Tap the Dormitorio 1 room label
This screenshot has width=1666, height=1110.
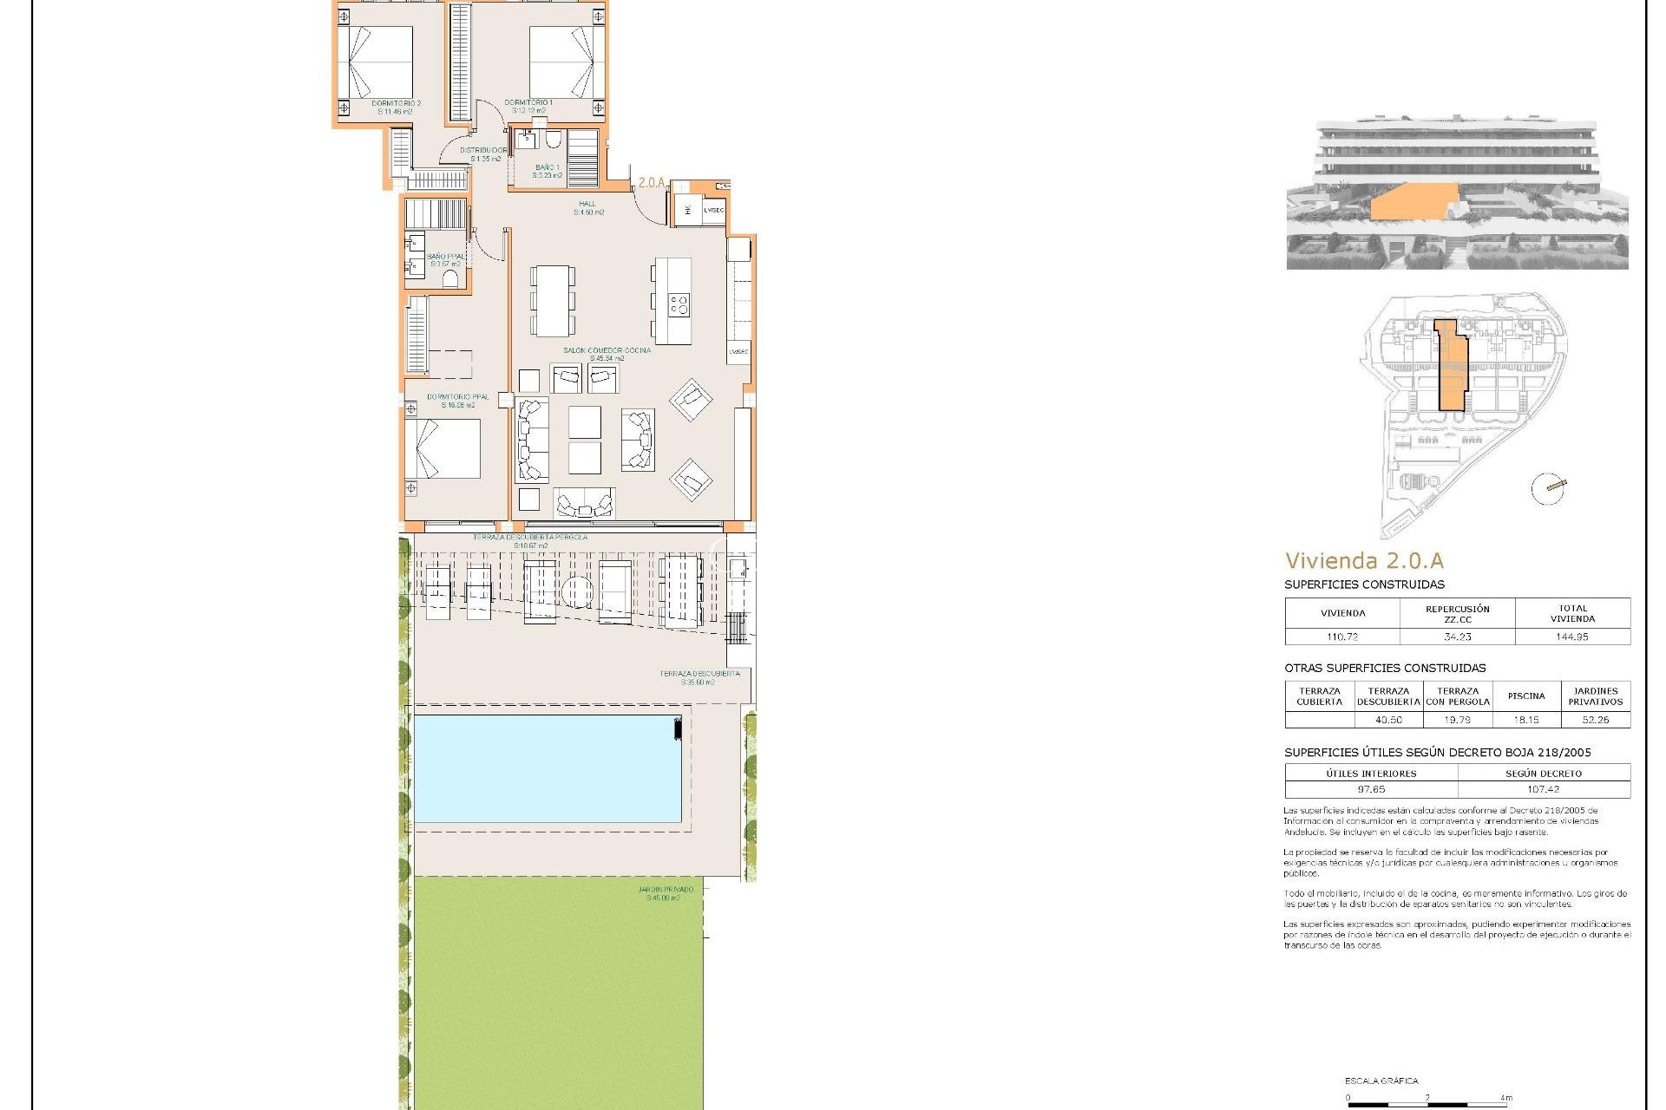pos(528,106)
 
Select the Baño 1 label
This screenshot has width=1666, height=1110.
pos(547,171)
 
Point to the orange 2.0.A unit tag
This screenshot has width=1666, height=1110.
pos(651,183)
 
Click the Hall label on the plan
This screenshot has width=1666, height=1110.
pos(587,208)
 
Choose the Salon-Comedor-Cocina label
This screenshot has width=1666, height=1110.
pos(607,354)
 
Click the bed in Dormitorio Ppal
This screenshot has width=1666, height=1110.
pos(443,449)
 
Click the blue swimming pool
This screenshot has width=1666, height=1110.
pos(547,768)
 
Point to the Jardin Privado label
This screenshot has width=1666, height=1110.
pos(666,893)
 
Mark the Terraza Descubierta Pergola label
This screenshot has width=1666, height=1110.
pos(530,541)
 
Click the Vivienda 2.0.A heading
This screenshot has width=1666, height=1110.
pos(1364,561)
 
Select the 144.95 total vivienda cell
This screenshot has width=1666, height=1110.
pos(1571,637)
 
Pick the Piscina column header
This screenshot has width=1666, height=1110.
pos(1526,695)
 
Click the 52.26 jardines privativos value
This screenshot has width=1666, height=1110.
pos(1595,720)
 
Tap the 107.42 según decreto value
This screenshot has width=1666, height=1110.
pos(1543,789)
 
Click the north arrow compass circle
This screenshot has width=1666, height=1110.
pos(1547,489)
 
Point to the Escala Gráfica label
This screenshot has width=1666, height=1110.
pos(1381,1081)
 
